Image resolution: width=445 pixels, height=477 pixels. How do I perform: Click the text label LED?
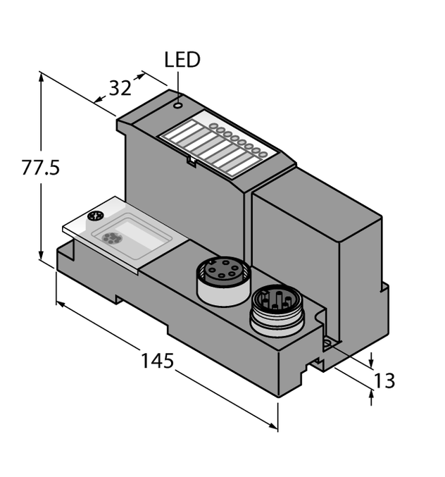point(182,60)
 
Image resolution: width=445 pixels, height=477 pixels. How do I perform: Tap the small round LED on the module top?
point(179,106)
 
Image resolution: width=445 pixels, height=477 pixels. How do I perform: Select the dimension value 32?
point(120,88)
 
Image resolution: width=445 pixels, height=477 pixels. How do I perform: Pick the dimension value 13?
point(384,381)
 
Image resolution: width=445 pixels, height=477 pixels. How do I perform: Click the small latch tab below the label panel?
point(191,161)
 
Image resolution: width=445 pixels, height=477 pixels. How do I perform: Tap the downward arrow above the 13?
point(372,361)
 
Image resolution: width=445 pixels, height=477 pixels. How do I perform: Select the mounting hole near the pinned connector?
point(327,344)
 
